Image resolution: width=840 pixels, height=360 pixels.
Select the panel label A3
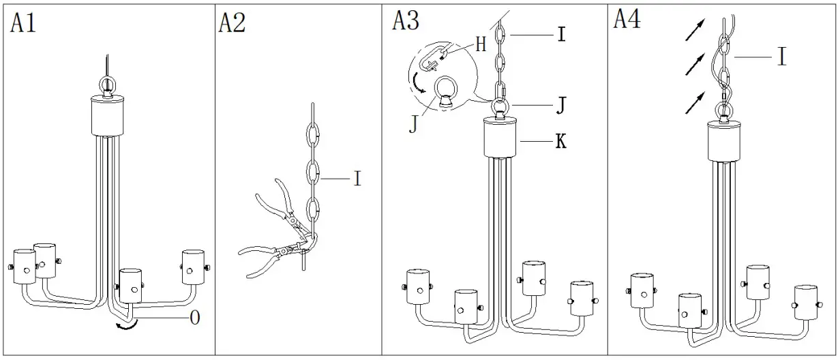[406, 20]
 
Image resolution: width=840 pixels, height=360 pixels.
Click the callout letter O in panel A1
[194, 318]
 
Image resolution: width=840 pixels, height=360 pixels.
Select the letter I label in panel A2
[357, 179]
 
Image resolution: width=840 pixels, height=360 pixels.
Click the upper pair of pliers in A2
[276, 204]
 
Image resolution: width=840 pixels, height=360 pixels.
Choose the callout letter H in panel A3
[481, 45]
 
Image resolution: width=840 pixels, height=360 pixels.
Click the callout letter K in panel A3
[561, 142]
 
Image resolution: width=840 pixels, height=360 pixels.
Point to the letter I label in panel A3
[560, 33]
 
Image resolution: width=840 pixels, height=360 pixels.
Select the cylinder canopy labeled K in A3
[501, 138]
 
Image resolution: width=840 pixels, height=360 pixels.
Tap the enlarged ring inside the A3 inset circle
[445, 91]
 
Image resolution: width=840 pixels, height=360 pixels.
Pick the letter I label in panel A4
[781, 58]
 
